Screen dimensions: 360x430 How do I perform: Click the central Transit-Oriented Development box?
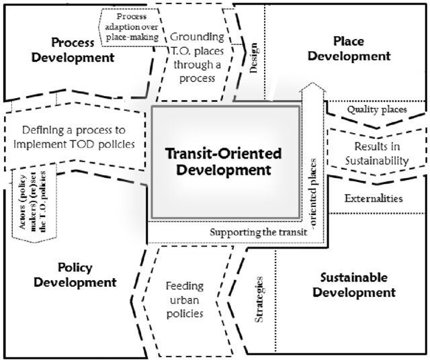click(226, 161)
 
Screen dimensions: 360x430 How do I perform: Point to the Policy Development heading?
click(75, 274)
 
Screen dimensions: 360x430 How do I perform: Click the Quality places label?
click(376, 109)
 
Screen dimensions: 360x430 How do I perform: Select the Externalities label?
click(374, 198)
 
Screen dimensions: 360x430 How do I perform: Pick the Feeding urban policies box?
click(184, 299)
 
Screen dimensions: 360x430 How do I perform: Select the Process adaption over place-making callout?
click(132, 26)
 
